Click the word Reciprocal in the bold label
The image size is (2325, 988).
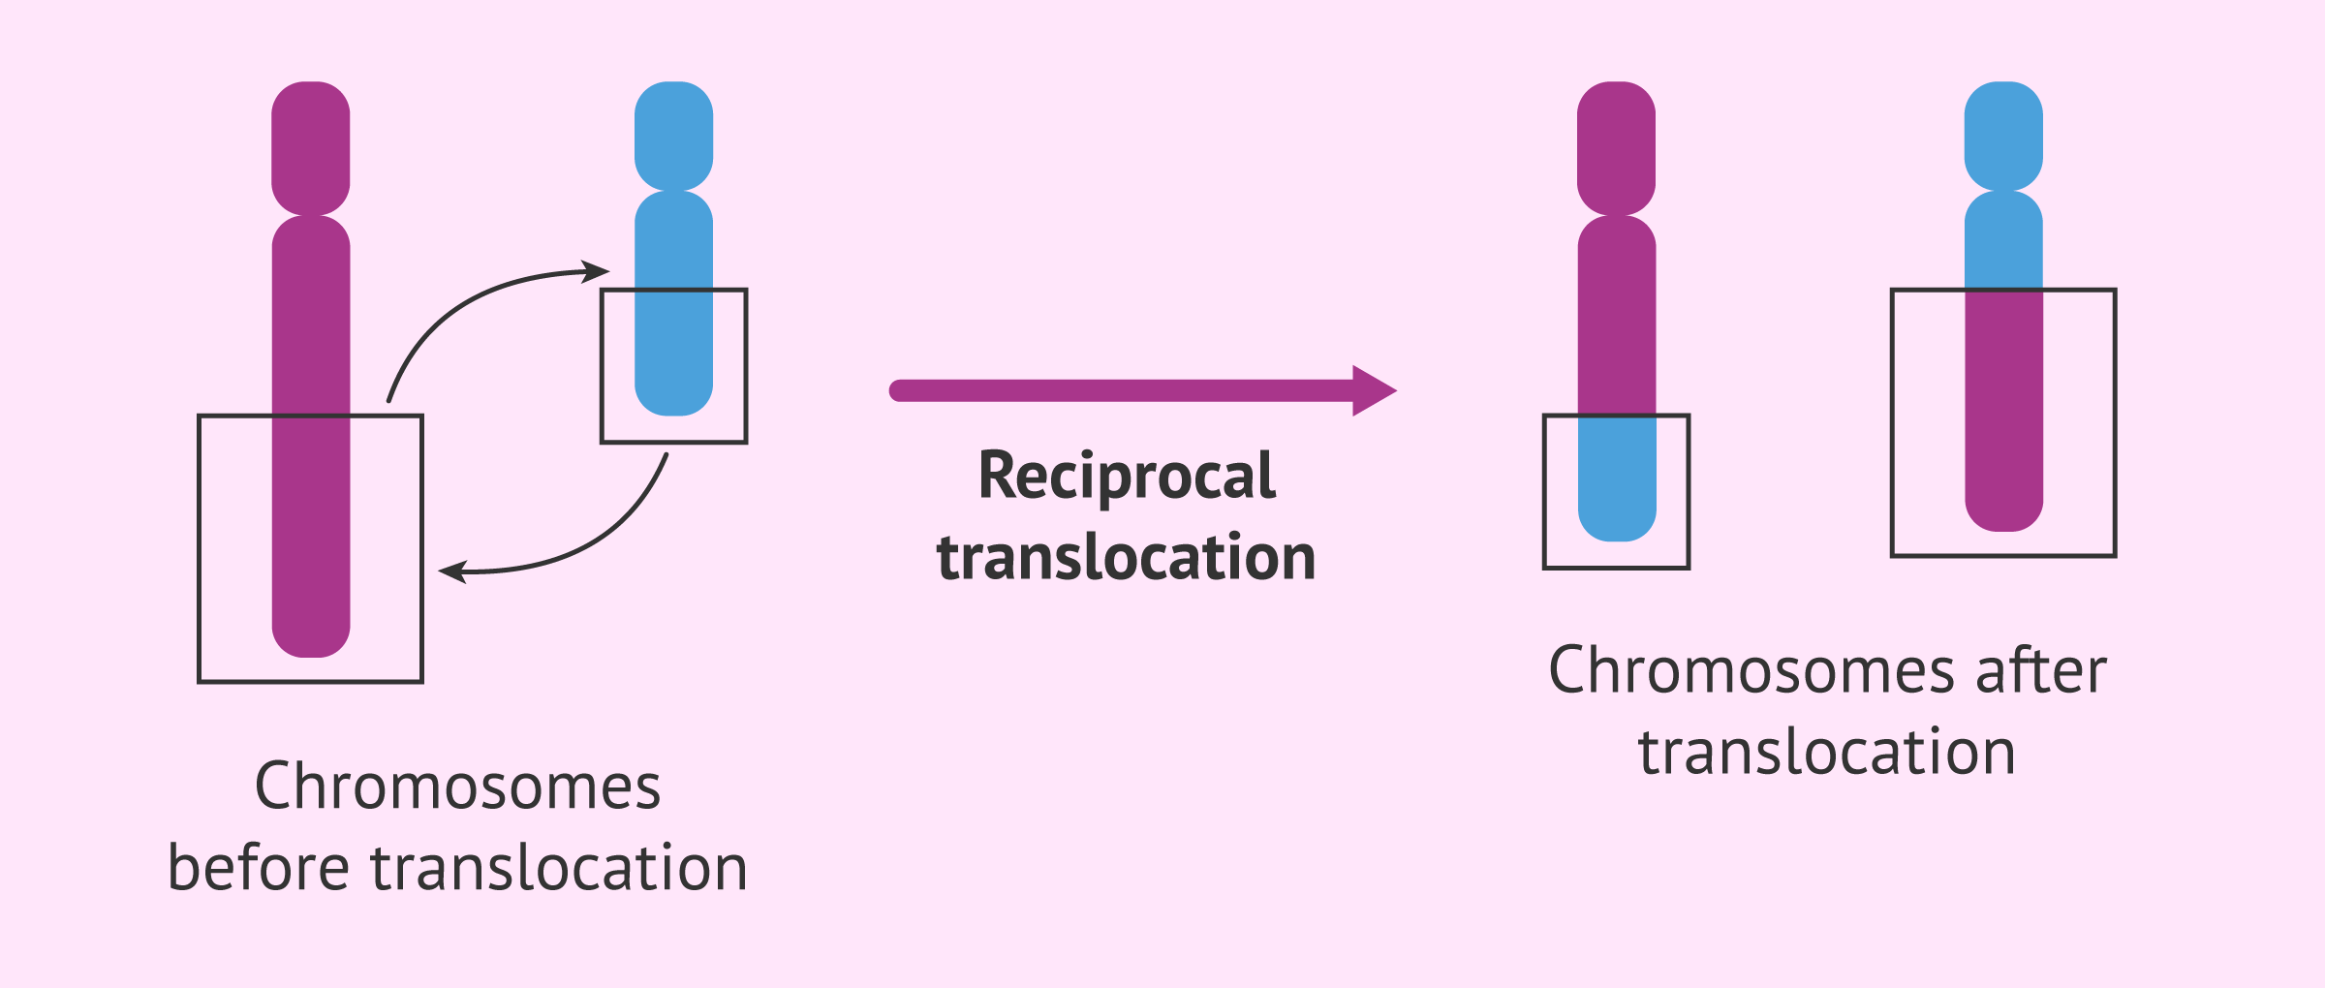tap(1127, 477)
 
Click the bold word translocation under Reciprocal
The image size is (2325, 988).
tap(1126, 559)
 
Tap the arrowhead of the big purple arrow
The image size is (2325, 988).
tap(1374, 390)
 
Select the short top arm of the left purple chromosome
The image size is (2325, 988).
tap(310, 145)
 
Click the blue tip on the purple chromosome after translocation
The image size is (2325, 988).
tap(1616, 479)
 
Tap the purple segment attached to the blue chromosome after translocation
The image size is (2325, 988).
tap(2003, 407)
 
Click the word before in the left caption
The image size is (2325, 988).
tap(258, 868)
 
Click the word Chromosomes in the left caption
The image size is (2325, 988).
tap(457, 787)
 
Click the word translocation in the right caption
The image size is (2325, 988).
tap(1827, 753)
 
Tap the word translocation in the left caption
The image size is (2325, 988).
tap(559, 868)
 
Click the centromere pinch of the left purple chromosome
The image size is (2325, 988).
tap(310, 215)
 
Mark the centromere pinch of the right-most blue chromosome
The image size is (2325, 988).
tap(2003, 190)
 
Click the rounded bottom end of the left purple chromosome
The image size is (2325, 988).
tap(310, 639)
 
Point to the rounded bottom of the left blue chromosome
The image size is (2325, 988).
tap(673, 397)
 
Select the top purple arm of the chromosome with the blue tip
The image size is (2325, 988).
tap(1616, 145)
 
